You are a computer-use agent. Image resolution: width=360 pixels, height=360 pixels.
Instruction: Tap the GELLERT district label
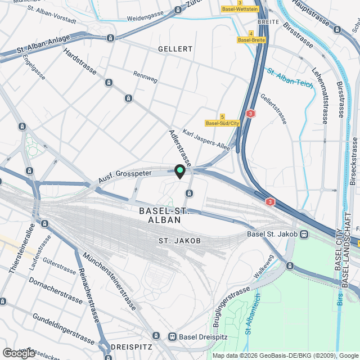point(175,49)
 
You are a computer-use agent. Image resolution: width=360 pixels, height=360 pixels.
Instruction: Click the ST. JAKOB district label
point(179,241)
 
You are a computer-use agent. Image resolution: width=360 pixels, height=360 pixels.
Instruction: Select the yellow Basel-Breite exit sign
point(251,40)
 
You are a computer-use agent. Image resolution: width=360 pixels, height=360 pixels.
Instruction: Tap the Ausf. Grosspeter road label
point(125,176)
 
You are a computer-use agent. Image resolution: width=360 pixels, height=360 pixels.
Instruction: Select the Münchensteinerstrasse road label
point(109,281)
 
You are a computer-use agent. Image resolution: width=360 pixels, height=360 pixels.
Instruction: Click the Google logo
point(19,353)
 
